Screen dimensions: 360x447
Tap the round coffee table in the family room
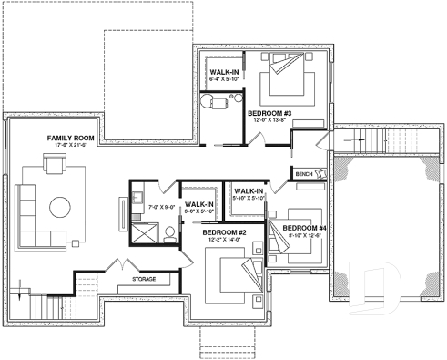(61, 205)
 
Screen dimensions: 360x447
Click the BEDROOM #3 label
(269, 111)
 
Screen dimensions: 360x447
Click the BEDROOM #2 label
(225, 233)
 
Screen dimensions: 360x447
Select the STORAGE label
(144, 279)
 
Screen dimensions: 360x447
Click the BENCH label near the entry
(304, 173)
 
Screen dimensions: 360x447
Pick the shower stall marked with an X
(141, 232)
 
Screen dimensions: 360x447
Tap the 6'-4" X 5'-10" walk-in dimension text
(224, 79)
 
